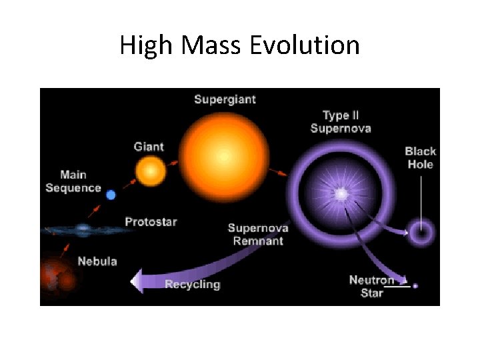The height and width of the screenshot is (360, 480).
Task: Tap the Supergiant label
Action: tap(225, 100)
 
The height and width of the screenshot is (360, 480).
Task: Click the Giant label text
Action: tap(149, 147)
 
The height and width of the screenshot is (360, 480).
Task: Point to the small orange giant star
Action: tap(151, 171)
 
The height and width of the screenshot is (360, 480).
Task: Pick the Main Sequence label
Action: tap(73, 181)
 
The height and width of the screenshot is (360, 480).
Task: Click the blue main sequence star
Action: tap(111, 195)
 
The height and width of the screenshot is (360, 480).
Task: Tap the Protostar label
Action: tap(151, 221)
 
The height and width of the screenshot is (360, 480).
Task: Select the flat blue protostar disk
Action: tap(83, 229)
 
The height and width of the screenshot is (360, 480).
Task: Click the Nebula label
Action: tap(97, 261)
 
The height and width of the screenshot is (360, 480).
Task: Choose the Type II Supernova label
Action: tap(347, 121)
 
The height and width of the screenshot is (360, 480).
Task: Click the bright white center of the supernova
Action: tap(341, 194)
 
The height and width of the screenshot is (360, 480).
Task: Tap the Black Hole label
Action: tap(419, 158)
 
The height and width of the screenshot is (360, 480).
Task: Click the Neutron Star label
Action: tap(372, 286)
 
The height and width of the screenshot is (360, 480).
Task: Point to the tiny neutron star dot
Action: tap(415, 285)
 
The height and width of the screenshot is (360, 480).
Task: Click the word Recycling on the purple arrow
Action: tap(192, 284)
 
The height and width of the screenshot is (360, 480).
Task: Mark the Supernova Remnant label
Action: tap(258, 234)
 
